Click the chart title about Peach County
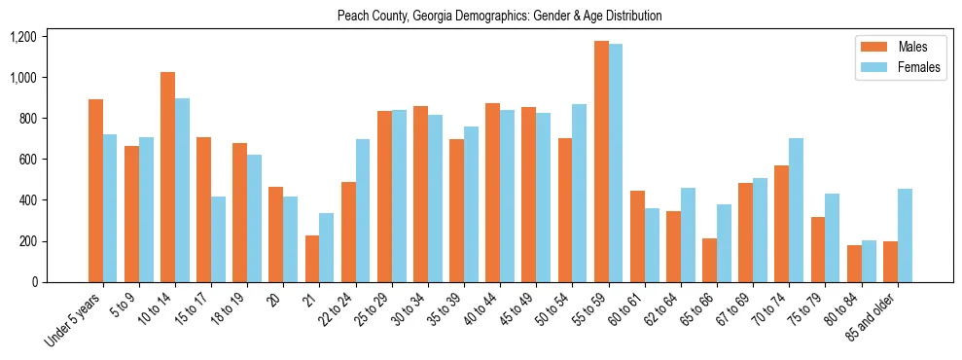pos(499,16)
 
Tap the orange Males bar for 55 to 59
pos(601,162)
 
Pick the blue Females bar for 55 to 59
pos(616,163)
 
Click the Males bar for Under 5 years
pos(95,191)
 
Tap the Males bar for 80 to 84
pos(854,264)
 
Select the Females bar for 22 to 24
pos(363,211)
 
